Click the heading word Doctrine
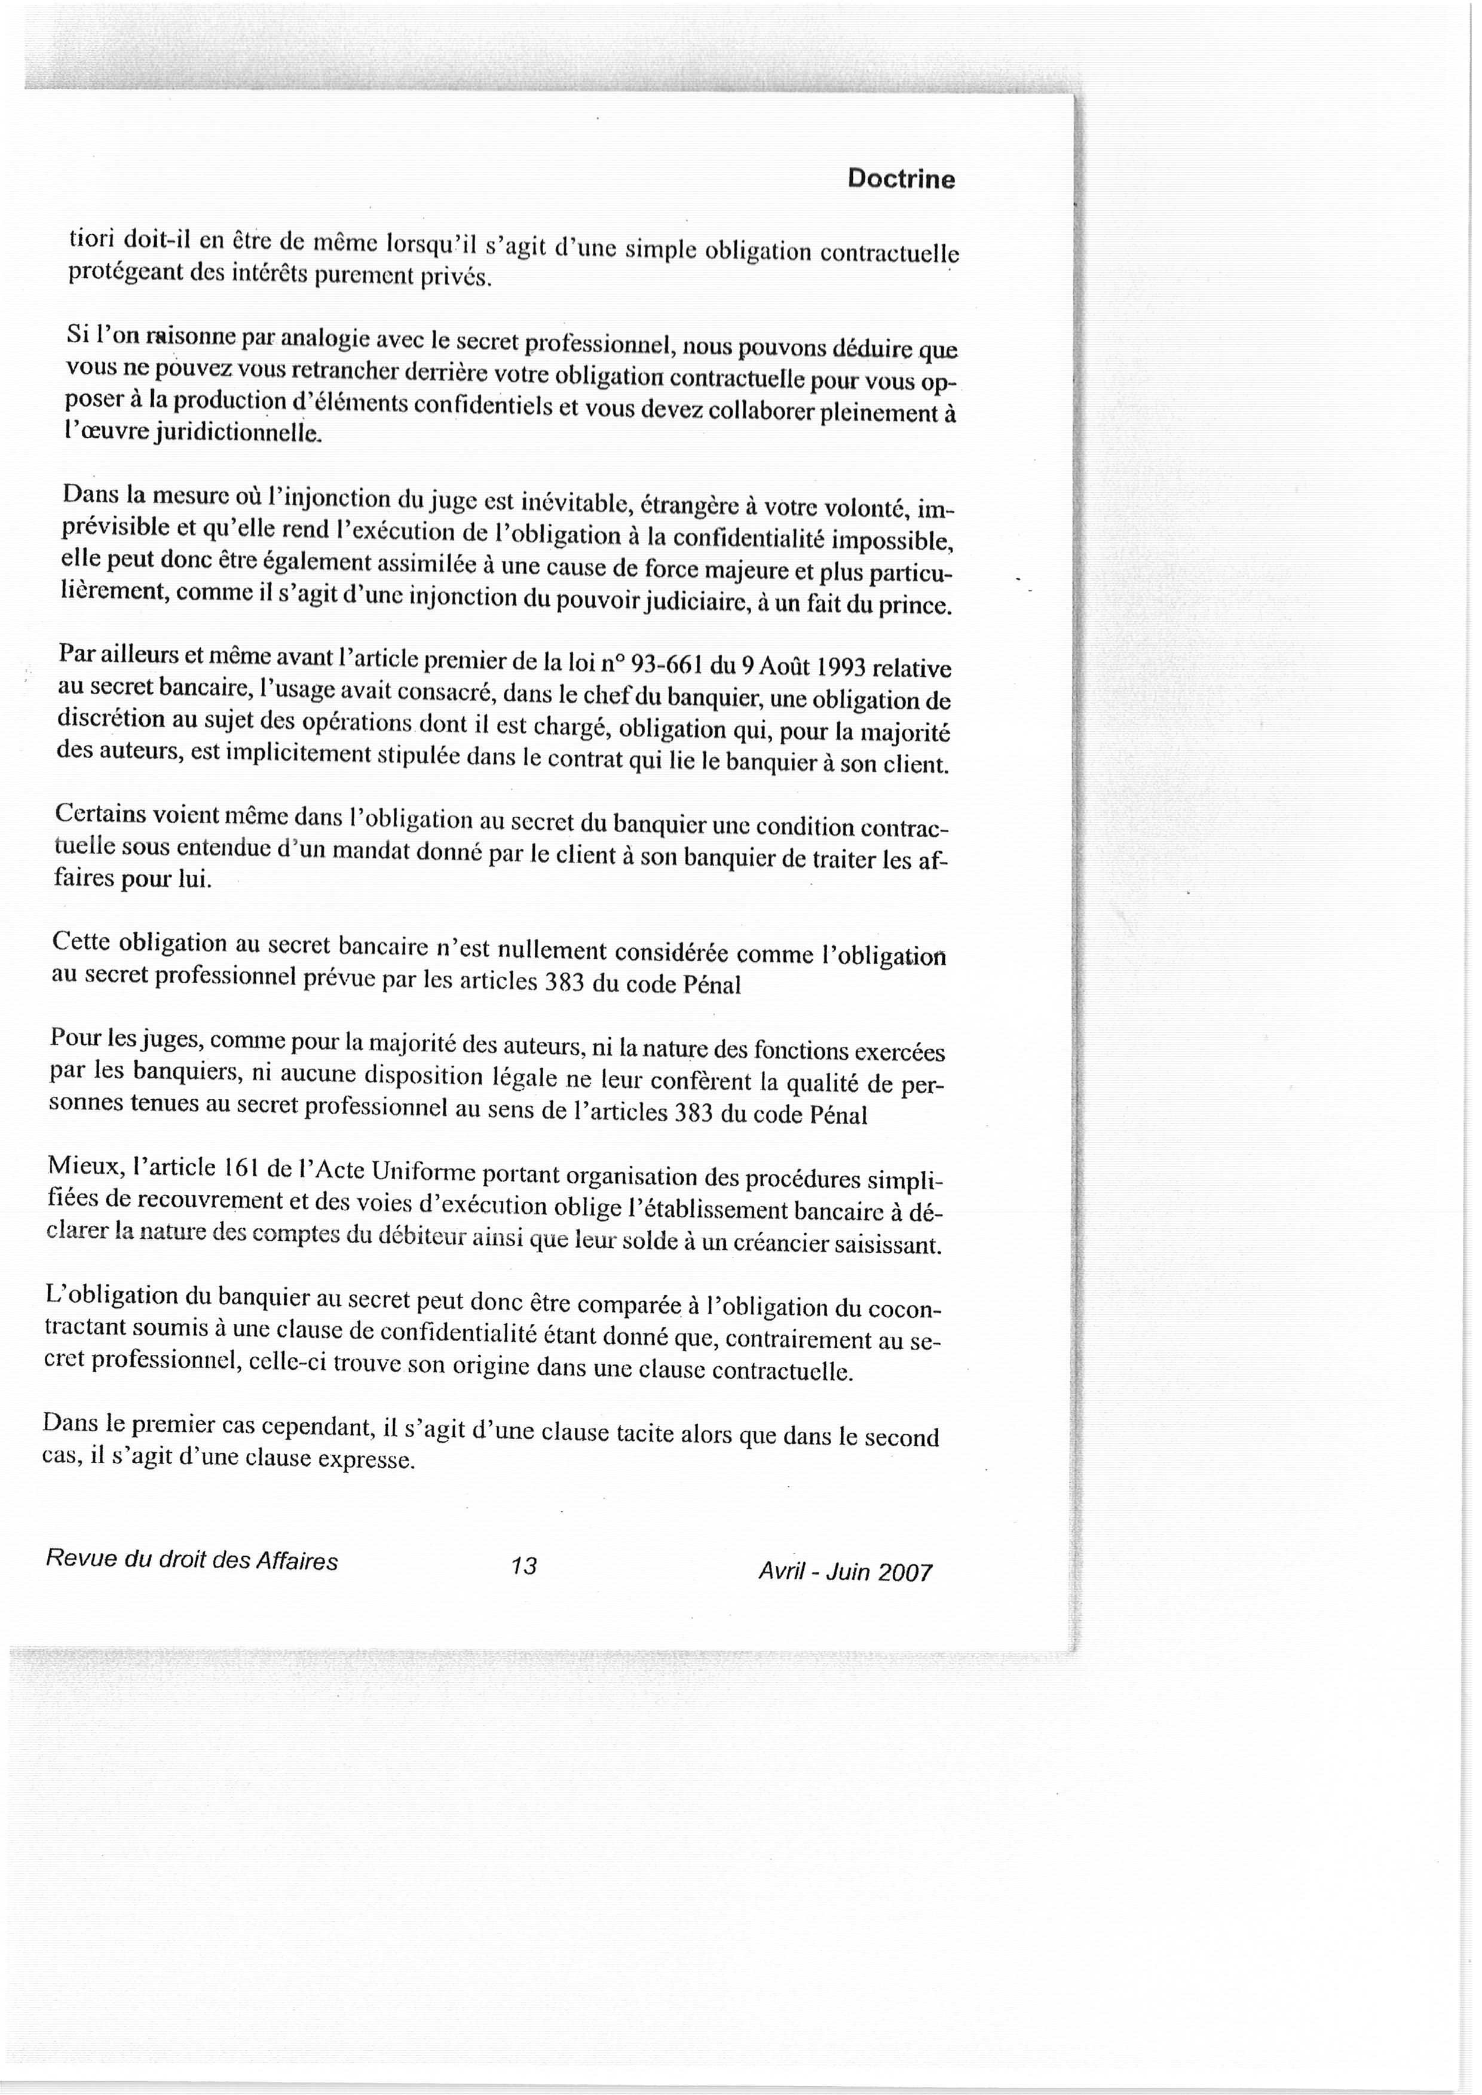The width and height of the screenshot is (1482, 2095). click(x=901, y=179)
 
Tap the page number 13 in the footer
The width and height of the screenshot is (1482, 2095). click(x=524, y=1566)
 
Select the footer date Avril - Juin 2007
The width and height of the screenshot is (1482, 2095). click(x=844, y=1571)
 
